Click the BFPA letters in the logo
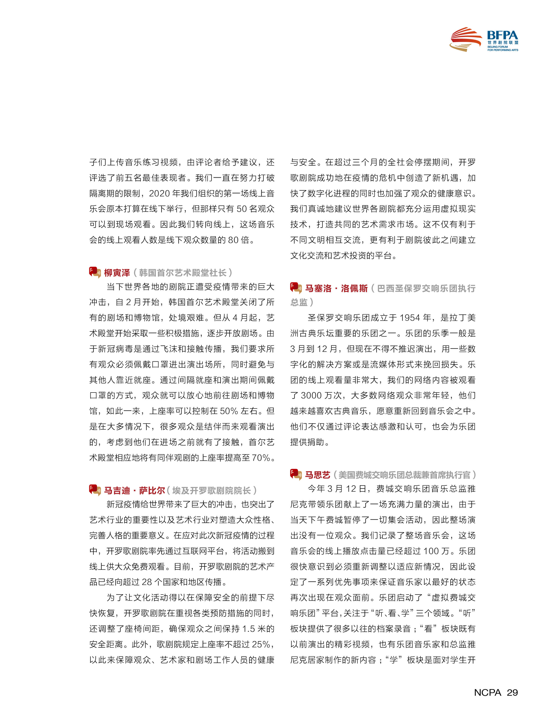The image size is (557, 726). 502,35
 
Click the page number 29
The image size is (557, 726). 512,692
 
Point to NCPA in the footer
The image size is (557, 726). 487,692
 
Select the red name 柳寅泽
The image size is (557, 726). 117,273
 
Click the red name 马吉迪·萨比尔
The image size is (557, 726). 134,490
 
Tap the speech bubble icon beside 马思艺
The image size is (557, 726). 296,474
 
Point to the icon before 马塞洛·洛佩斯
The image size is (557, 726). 296,288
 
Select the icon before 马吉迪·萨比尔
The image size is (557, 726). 95,490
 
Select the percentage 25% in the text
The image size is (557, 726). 261,644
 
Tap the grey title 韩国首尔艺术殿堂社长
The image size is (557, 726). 183,273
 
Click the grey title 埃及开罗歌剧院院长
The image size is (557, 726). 211,490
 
